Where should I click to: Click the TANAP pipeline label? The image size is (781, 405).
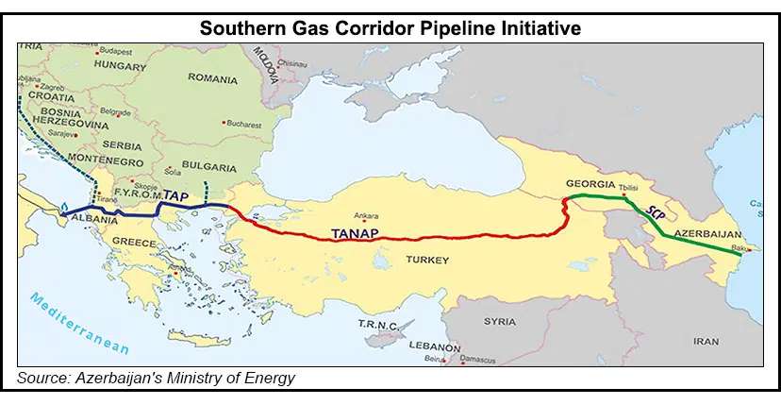pos(353,229)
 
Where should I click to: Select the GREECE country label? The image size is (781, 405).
pos(134,242)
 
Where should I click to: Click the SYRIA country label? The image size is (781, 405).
pos(499,321)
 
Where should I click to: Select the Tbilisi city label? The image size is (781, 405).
pos(628,186)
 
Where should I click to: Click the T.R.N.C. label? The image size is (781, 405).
pos(376,324)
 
